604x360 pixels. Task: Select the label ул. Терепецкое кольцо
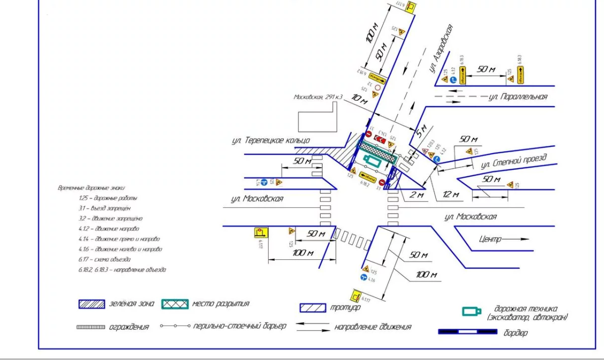[271, 140]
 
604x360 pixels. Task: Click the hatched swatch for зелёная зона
[91, 304]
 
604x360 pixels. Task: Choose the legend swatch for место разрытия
[175, 304]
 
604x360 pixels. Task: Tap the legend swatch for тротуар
[313, 308]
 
